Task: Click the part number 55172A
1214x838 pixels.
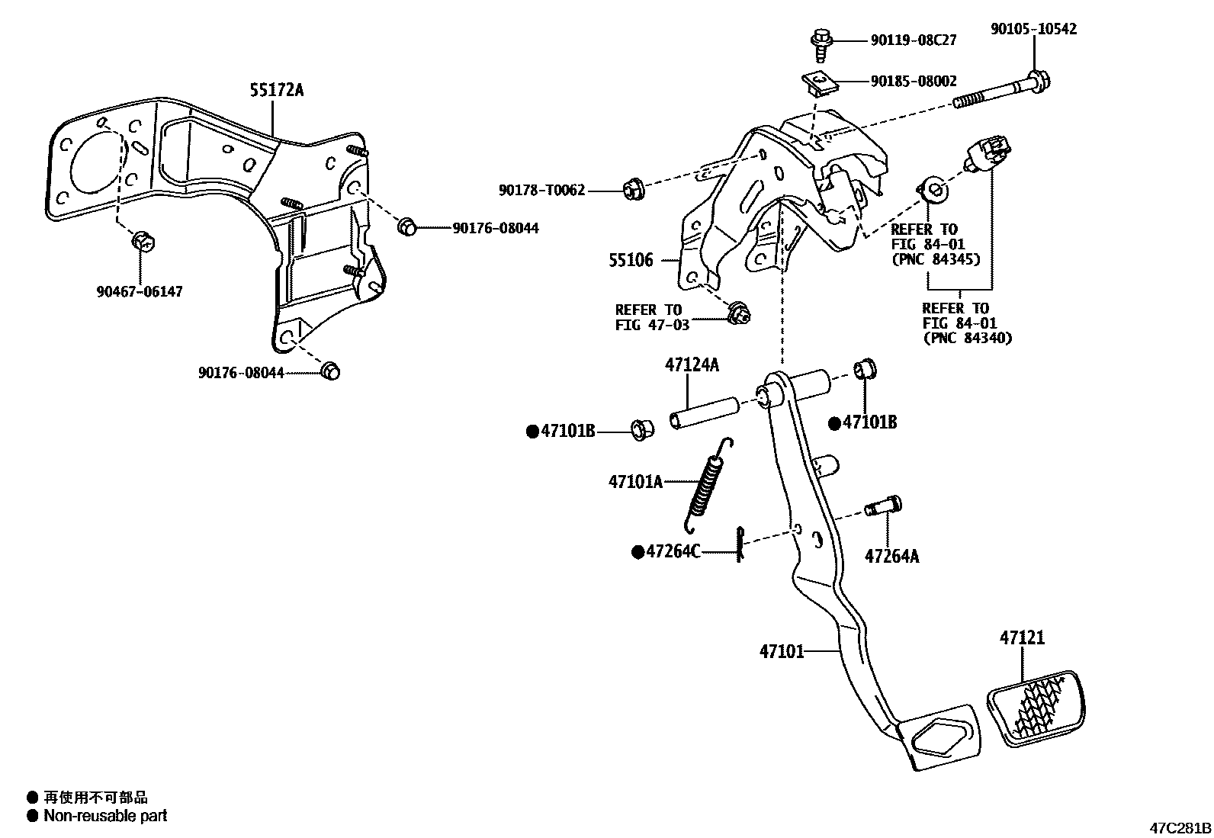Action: pos(276,91)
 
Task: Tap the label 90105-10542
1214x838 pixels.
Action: pos(1033,29)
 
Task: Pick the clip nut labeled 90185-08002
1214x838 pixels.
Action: pos(819,82)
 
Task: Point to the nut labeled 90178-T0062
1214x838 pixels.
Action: pos(634,188)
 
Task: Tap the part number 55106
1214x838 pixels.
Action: pos(631,261)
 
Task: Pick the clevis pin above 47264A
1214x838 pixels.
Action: pos(884,506)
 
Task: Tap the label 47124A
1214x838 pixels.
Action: pos(692,364)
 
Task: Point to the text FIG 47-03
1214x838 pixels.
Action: pos(652,325)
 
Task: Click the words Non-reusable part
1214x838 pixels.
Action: pos(105,816)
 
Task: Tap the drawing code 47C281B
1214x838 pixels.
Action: pos(1180,827)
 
